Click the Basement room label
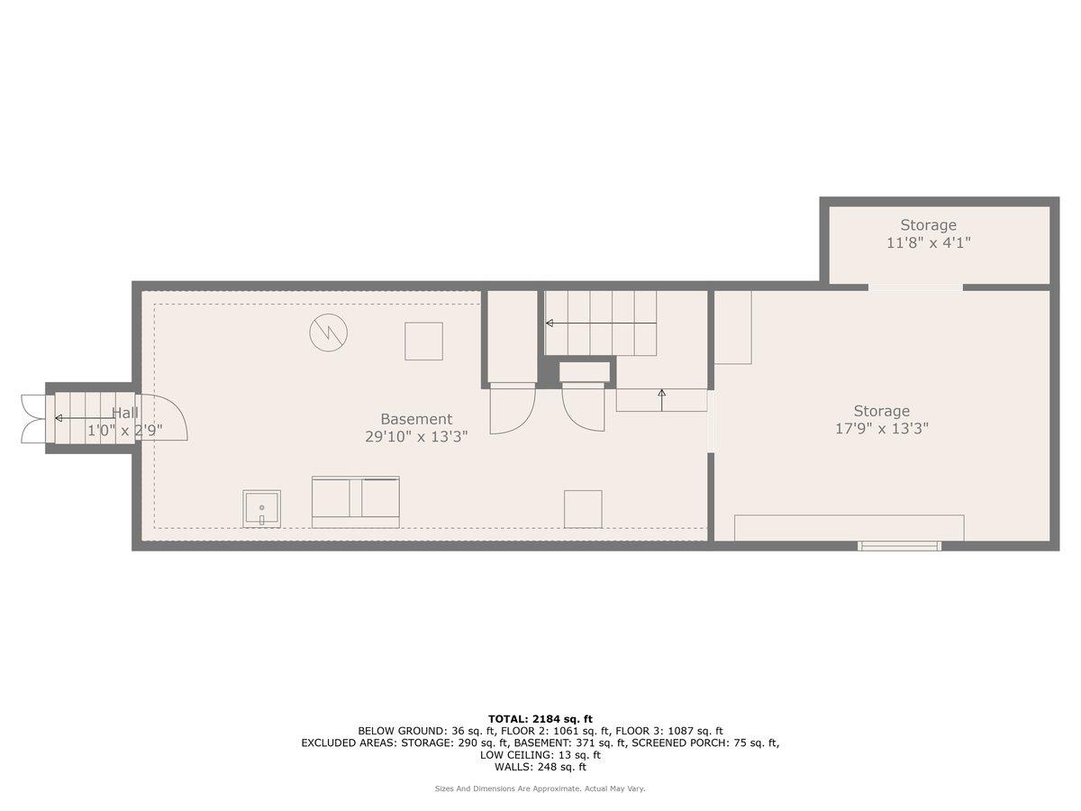pyautogui.click(x=416, y=419)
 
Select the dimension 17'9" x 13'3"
pyautogui.click(x=881, y=429)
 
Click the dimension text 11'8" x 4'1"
pyautogui.click(x=928, y=242)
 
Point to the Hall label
pyautogui.click(x=124, y=413)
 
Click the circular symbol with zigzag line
pyautogui.click(x=328, y=333)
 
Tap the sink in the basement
pyautogui.click(x=261, y=509)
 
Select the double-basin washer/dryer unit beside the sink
pyautogui.click(x=355, y=502)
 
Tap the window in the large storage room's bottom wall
pyautogui.click(x=899, y=545)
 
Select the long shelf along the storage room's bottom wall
pyautogui.click(x=849, y=528)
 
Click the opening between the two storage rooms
pyautogui.click(x=915, y=287)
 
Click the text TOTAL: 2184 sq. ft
pyautogui.click(x=540, y=718)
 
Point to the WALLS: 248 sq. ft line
pyautogui.click(x=540, y=767)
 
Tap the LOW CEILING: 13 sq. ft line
pyautogui.click(x=540, y=755)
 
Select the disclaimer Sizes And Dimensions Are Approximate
pyautogui.click(x=540, y=788)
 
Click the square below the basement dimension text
pyautogui.click(x=582, y=509)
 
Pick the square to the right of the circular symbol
pyautogui.click(x=423, y=341)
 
